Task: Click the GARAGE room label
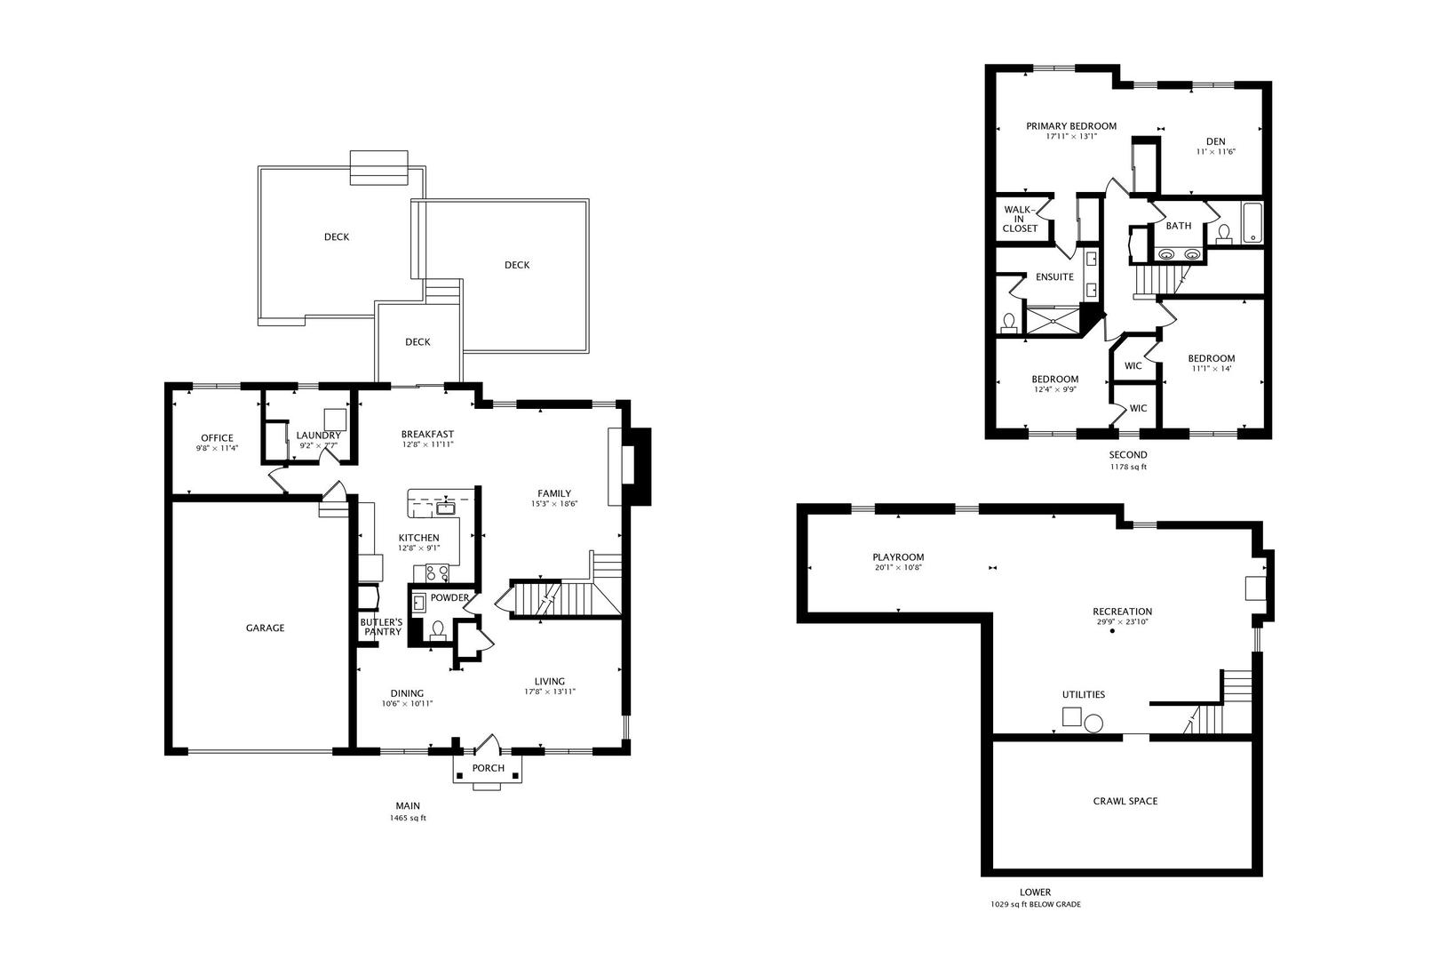265,628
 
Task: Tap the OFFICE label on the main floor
217,438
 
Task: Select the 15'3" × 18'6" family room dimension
553,504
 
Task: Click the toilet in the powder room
437,630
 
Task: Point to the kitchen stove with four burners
436,573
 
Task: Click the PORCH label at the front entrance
488,769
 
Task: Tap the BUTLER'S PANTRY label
381,627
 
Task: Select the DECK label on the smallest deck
417,342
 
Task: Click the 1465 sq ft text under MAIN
408,818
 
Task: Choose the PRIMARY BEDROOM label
1071,126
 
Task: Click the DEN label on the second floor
1215,141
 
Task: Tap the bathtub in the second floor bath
1251,222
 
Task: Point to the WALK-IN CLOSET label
1020,220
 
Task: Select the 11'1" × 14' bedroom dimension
1212,368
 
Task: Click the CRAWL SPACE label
1125,801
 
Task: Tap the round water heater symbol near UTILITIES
1093,724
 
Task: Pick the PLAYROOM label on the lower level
898,557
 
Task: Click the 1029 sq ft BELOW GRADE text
1036,904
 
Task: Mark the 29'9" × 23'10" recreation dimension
1123,622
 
